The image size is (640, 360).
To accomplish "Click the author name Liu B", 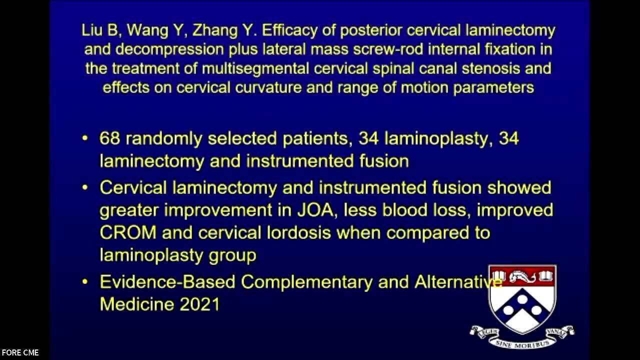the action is (99, 30).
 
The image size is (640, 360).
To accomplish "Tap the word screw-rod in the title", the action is (387, 49).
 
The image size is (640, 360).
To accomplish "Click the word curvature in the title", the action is (268, 87).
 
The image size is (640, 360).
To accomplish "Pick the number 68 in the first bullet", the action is (109, 138).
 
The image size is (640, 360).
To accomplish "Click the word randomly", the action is (163, 139).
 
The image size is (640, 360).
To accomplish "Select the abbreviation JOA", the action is (315, 210).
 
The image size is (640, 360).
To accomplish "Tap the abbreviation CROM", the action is (128, 232).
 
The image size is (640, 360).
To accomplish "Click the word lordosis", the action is (299, 232).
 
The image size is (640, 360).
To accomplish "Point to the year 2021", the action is (199, 304).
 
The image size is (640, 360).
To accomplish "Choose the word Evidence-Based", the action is (167, 282).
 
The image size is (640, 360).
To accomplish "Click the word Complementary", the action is (307, 282).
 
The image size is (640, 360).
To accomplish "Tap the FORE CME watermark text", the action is (20, 353).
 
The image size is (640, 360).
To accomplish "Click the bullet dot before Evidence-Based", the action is (85, 282).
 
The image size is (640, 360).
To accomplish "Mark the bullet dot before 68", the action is (85, 138).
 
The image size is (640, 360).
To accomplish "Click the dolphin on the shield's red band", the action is (522, 276).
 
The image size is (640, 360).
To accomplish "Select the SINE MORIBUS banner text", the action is (522, 343).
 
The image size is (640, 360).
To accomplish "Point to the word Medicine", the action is (137, 304).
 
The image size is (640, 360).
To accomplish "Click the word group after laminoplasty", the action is (232, 255).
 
